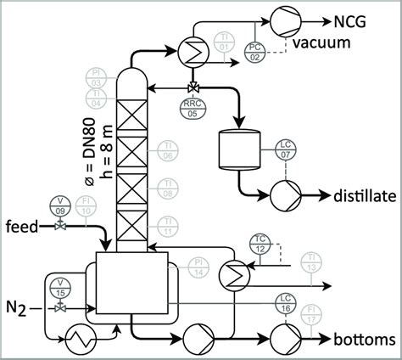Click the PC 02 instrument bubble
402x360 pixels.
click(x=255, y=49)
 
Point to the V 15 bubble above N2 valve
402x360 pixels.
click(x=59, y=286)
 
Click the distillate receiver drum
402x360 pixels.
click(x=237, y=150)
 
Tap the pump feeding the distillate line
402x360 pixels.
click(x=281, y=195)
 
